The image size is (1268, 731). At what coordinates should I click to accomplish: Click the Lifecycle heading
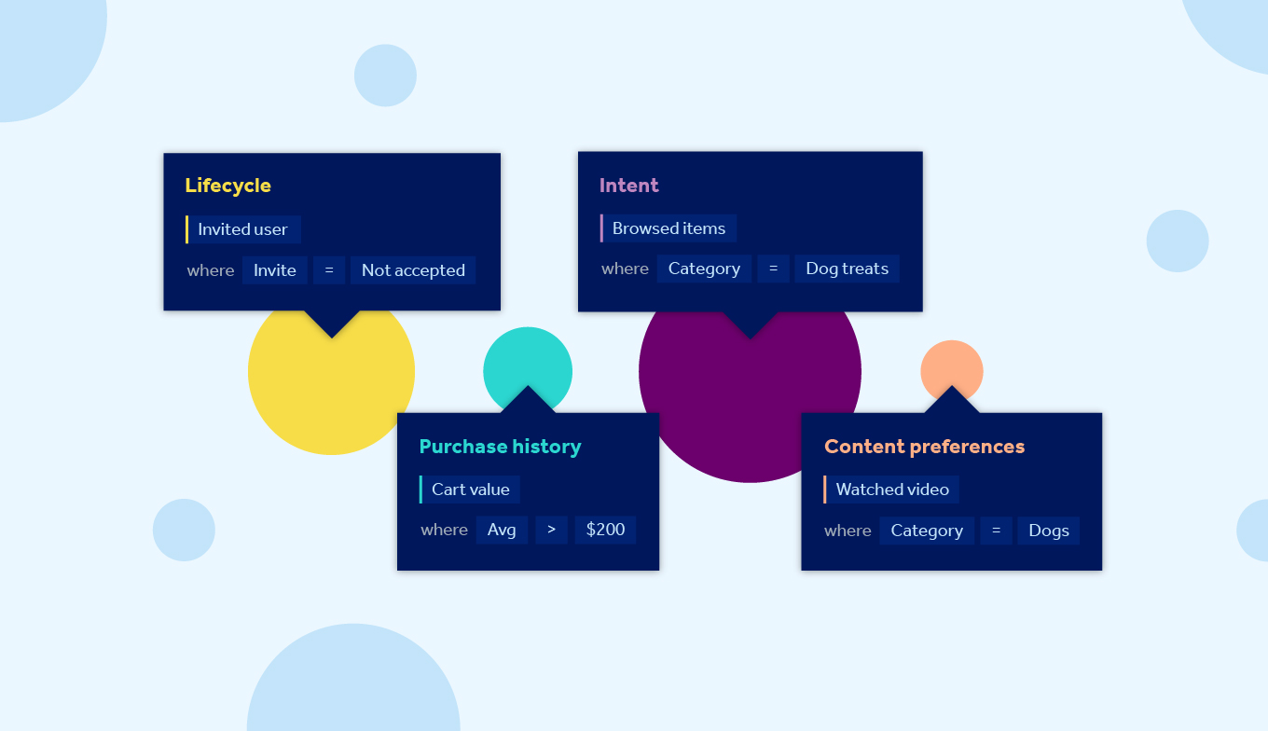(x=227, y=186)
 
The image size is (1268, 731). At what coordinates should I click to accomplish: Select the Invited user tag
(x=243, y=229)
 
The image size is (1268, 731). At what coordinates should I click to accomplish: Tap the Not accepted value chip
(x=413, y=270)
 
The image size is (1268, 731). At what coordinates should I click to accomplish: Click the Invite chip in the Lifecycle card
(x=275, y=270)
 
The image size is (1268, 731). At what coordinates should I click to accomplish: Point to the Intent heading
(x=629, y=186)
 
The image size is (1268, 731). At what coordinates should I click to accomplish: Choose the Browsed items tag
(x=668, y=228)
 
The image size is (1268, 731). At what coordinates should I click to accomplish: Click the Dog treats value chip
(x=847, y=269)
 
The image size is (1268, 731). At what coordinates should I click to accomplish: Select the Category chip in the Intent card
(x=704, y=269)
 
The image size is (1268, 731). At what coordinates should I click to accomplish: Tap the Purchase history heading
(x=500, y=447)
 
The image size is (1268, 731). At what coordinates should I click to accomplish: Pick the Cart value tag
(x=470, y=490)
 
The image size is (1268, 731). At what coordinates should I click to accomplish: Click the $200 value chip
(x=605, y=530)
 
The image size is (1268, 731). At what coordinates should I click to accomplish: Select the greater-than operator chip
(x=551, y=530)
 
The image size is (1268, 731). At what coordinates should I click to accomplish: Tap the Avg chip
(x=502, y=530)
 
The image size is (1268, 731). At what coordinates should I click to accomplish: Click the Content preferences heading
(x=924, y=447)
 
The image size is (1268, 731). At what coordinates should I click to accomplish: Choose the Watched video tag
(x=892, y=490)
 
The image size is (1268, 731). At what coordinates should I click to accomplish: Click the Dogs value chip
(x=1049, y=531)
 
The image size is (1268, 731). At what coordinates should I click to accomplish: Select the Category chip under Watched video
(x=927, y=531)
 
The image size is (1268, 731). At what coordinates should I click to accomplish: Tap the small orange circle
(x=951, y=364)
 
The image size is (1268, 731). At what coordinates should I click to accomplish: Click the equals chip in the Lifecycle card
(x=329, y=270)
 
